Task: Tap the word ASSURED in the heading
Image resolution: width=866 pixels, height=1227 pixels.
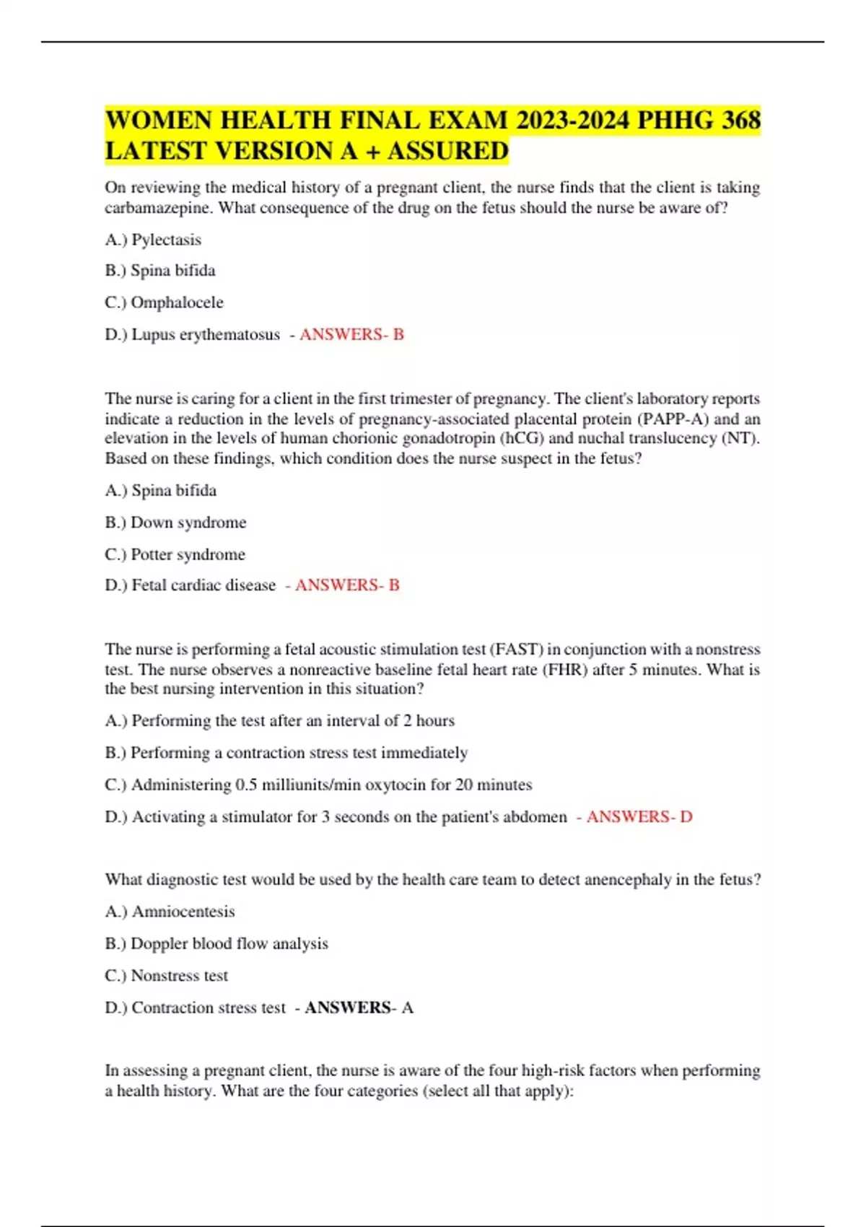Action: click(x=448, y=152)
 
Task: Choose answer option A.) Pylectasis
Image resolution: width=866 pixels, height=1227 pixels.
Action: click(x=153, y=240)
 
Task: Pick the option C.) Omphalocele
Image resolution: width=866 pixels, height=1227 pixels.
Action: click(x=164, y=302)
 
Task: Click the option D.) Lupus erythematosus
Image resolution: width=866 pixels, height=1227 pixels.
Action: click(x=192, y=335)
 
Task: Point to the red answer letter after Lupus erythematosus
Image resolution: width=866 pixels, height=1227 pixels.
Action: click(x=398, y=335)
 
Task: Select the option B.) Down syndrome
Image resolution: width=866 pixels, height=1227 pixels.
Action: click(x=175, y=523)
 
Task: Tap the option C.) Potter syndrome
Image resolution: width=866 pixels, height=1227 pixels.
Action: click(x=175, y=554)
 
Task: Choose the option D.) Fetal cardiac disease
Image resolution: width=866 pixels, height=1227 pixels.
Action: click(x=190, y=585)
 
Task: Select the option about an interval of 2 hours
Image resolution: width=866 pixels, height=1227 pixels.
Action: click(x=279, y=721)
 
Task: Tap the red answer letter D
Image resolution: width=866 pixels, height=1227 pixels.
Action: click(x=686, y=817)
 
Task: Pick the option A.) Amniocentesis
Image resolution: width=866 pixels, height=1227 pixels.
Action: click(x=170, y=912)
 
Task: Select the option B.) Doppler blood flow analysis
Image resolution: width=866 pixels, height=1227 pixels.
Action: click(x=216, y=944)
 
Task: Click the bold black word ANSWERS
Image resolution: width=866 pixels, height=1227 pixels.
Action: click(x=348, y=1008)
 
